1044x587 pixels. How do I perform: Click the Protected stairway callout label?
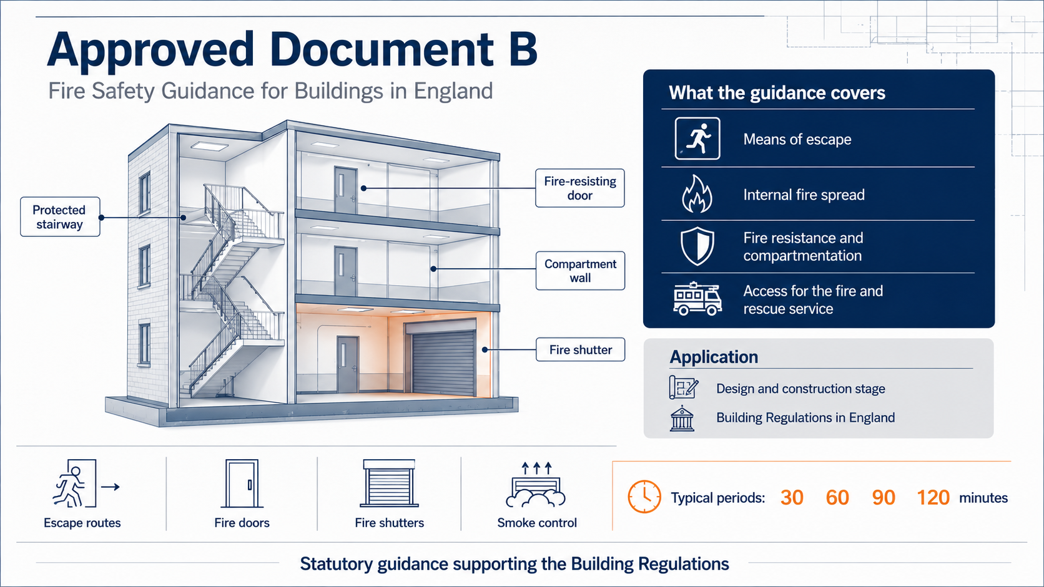point(60,217)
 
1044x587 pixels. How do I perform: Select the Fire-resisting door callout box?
point(580,188)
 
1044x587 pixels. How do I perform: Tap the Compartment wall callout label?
point(580,271)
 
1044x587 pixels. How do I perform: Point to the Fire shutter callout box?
point(580,349)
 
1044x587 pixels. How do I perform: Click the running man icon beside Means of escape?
point(697,138)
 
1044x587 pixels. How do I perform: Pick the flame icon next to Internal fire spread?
point(697,194)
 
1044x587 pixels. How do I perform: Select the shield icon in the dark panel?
point(697,246)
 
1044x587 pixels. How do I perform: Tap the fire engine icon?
point(697,299)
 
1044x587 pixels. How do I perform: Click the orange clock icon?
point(644,497)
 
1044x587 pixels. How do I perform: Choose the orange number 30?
point(792,498)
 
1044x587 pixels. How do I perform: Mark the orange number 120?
point(933,498)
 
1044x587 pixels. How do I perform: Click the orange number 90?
point(883,498)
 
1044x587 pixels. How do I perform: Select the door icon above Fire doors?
point(242,483)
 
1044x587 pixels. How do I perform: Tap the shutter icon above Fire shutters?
point(389,483)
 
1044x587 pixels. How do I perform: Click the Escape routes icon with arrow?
point(86,483)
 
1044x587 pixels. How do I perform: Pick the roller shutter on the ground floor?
point(443,362)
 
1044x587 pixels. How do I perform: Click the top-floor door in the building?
point(346,190)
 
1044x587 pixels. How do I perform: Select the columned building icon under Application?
point(682,418)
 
